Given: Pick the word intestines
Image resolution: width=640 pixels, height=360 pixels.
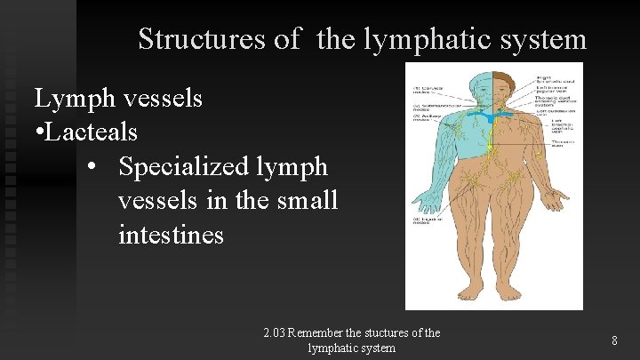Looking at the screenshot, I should point(171,236).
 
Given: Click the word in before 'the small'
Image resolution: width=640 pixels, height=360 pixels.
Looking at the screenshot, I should point(214,201).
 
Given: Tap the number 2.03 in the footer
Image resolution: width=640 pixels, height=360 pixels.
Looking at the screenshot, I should point(276,333).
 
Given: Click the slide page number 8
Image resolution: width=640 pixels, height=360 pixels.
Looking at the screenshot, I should point(615,340).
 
